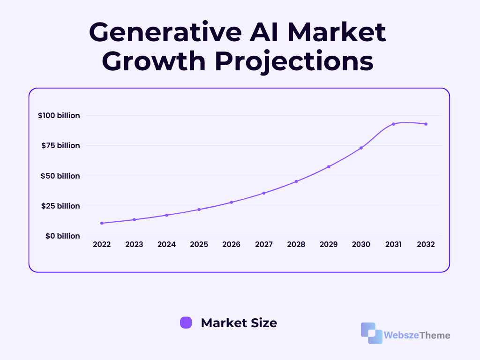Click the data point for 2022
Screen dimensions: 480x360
pos(102,223)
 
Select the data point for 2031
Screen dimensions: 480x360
pos(393,124)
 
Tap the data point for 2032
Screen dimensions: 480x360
pos(426,124)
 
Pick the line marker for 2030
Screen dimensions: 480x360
pos(361,148)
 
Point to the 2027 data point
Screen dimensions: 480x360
pos(264,193)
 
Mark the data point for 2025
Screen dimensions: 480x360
pos(199,210)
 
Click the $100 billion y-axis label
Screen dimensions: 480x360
pos(59,115)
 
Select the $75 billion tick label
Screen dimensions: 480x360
pos(60,145)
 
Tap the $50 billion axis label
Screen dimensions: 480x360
pos(60,176)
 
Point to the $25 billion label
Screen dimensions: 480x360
pos(60,206)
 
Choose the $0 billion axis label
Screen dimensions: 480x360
pos(63,236)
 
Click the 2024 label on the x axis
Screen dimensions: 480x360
pos(166,244)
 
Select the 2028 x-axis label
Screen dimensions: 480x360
pos(296,244)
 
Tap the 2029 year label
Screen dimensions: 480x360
pos(329,244)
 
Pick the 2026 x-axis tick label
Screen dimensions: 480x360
pos(232,244)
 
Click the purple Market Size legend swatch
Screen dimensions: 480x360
pos(186,322)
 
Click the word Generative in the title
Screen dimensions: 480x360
pos(165,32)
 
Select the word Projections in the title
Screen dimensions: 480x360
pos(294,61)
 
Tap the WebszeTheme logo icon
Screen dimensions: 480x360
pos(372,333)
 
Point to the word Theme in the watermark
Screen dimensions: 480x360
pos(435,335)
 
